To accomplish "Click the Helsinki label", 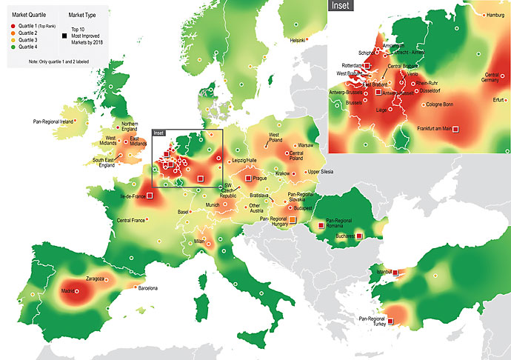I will pos(298,40).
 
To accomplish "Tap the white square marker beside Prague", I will pos(248,178).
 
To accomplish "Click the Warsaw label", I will pos(305,146).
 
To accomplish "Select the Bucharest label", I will pos(344,236).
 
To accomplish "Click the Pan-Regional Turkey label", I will pos(372,321).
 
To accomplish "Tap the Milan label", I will pos(199,241).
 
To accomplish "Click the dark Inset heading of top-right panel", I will pos(341,6).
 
